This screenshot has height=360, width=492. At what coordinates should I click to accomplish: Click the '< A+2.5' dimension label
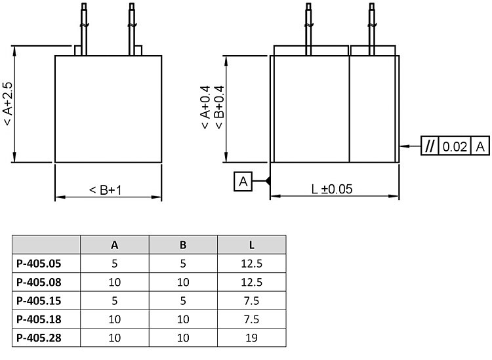pos(7,105)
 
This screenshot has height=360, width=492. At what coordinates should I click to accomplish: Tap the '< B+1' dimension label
pos(107,190)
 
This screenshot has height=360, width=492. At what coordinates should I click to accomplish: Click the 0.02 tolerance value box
pos(455,146)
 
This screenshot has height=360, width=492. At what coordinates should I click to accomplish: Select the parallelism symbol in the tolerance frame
pos(430,146)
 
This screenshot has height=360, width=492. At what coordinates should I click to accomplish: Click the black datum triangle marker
pos(267,181)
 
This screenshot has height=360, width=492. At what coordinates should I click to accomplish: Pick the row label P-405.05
pos(39,264)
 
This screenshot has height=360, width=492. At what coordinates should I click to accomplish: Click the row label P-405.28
pos(39,338)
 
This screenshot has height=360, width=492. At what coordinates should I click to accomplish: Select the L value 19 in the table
pos(252,338)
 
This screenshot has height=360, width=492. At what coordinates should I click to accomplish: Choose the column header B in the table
pos(183,245)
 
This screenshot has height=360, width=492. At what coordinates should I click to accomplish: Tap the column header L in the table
pos(252,245)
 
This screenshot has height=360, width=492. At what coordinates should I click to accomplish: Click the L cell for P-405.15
pos(252,301)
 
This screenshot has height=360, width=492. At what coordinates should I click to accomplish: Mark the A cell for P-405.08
pos(115,283)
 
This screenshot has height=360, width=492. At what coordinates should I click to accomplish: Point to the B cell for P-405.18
pos(183,319)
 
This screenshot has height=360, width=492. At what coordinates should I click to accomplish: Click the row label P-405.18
pos(39,319)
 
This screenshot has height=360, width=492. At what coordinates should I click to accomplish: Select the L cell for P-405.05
pos(252,264)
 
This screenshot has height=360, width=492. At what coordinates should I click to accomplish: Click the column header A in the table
pos(115,245)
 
